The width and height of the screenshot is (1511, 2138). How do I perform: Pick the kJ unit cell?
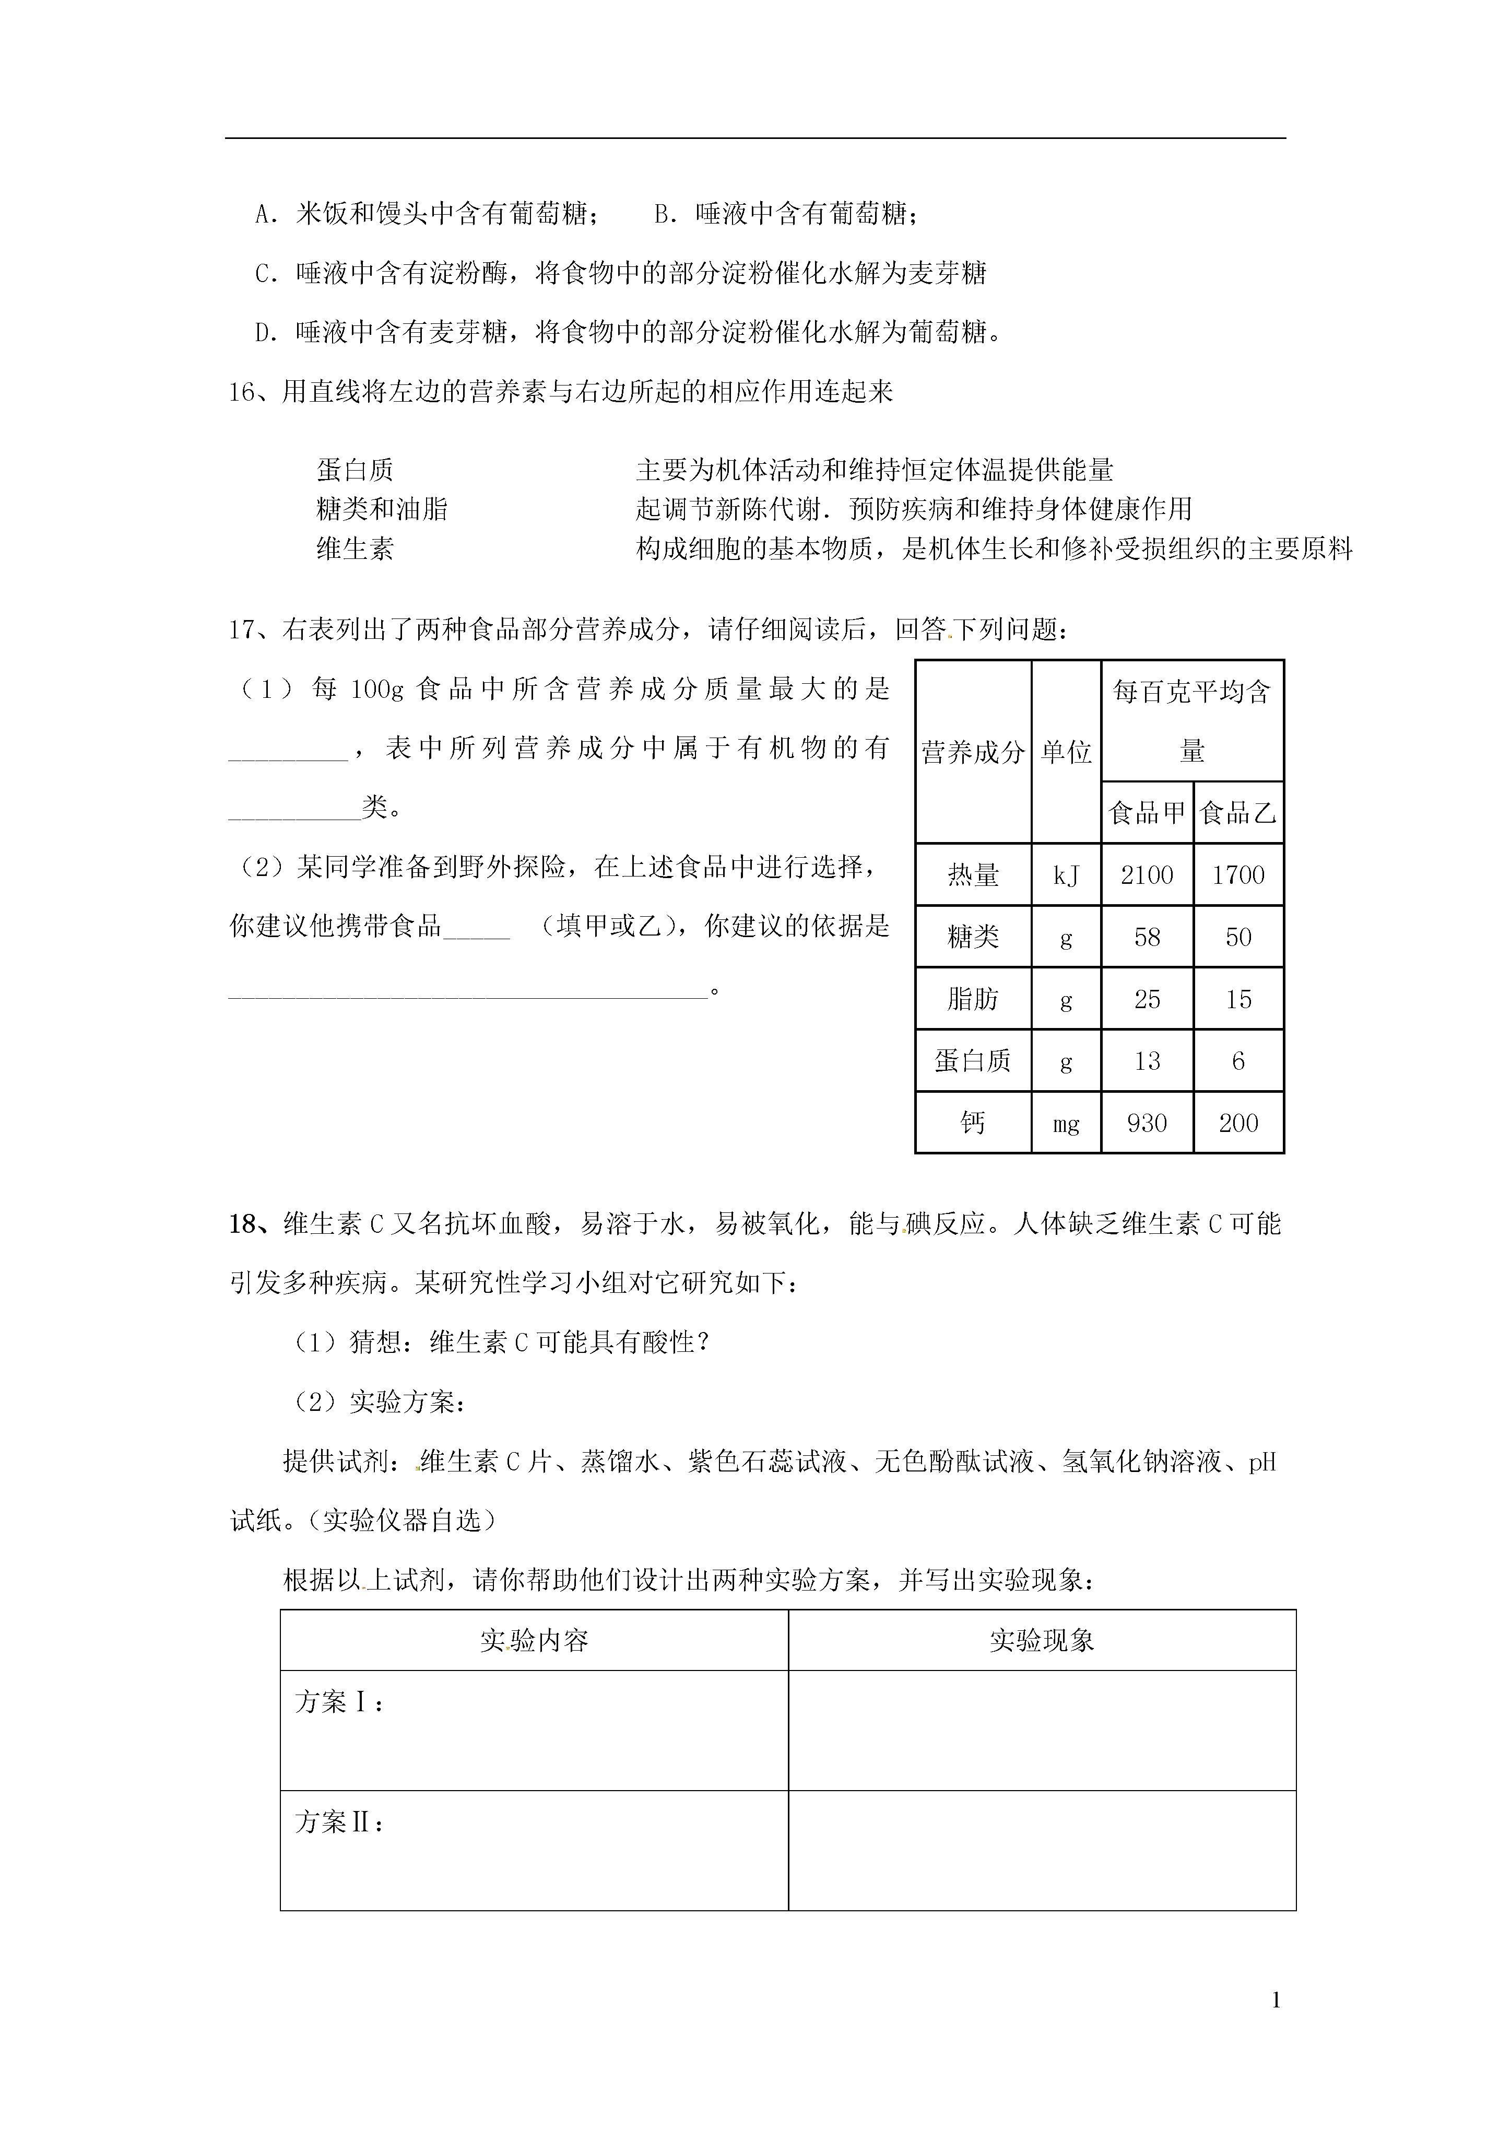point(1066,875)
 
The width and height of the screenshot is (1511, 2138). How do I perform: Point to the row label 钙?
point(973,1123)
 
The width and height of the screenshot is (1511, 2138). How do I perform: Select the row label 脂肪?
point(973,999)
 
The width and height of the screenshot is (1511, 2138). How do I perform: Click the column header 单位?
point(1066,752)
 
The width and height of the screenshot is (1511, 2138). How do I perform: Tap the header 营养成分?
point(973,752)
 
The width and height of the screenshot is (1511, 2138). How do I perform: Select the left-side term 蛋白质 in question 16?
point(355,470)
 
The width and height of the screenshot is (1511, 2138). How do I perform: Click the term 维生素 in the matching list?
point(355,548)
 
